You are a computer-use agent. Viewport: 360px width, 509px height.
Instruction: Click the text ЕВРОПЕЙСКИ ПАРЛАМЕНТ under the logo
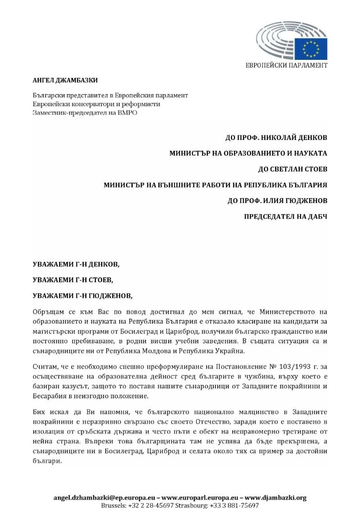[x=287, y=65]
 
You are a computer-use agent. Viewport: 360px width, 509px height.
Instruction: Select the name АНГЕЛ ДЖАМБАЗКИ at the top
[x=65, y=81]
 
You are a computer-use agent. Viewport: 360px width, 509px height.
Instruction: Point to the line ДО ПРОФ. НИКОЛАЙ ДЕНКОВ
[x=276, y=137]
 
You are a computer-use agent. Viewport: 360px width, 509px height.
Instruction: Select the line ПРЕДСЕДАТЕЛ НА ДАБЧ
[x=285, y=216]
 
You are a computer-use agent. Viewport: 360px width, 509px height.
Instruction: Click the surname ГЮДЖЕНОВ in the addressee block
[x=305, y=200]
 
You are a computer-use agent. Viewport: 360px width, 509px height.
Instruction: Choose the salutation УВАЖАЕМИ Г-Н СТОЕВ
[x=73, y=280]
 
